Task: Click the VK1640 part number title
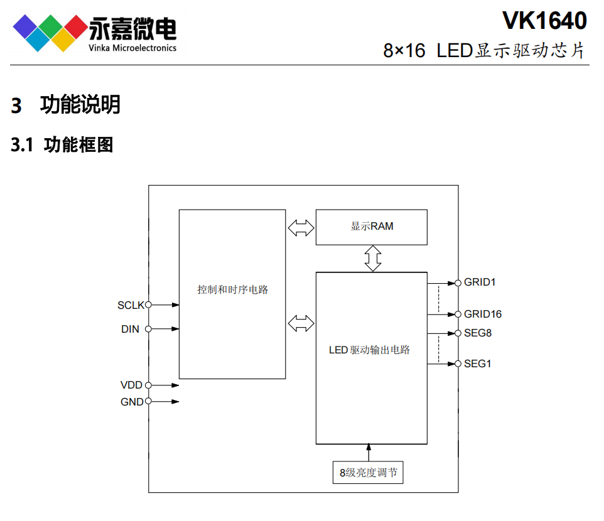[544, 21]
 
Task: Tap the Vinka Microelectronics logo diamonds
[49, 32]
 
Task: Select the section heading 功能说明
[80, 104]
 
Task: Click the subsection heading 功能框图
[78, 145]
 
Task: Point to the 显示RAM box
[371, 227]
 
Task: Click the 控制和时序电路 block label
[232, 290]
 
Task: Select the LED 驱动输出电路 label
[369, 350]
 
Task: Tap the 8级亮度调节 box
[368, 473]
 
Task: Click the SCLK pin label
[131, 306]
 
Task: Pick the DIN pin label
[130, 329]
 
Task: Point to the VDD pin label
[131, 385]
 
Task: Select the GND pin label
[132, 402]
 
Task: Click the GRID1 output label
[480, 282]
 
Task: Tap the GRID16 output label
[483, 314]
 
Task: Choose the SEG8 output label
[478, 333]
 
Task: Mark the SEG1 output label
[478, 363]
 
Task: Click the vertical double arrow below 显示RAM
[374, 258]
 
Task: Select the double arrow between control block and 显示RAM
[301, 227]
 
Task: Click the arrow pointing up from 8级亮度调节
[369, 452]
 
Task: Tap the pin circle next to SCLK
[149, 305]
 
